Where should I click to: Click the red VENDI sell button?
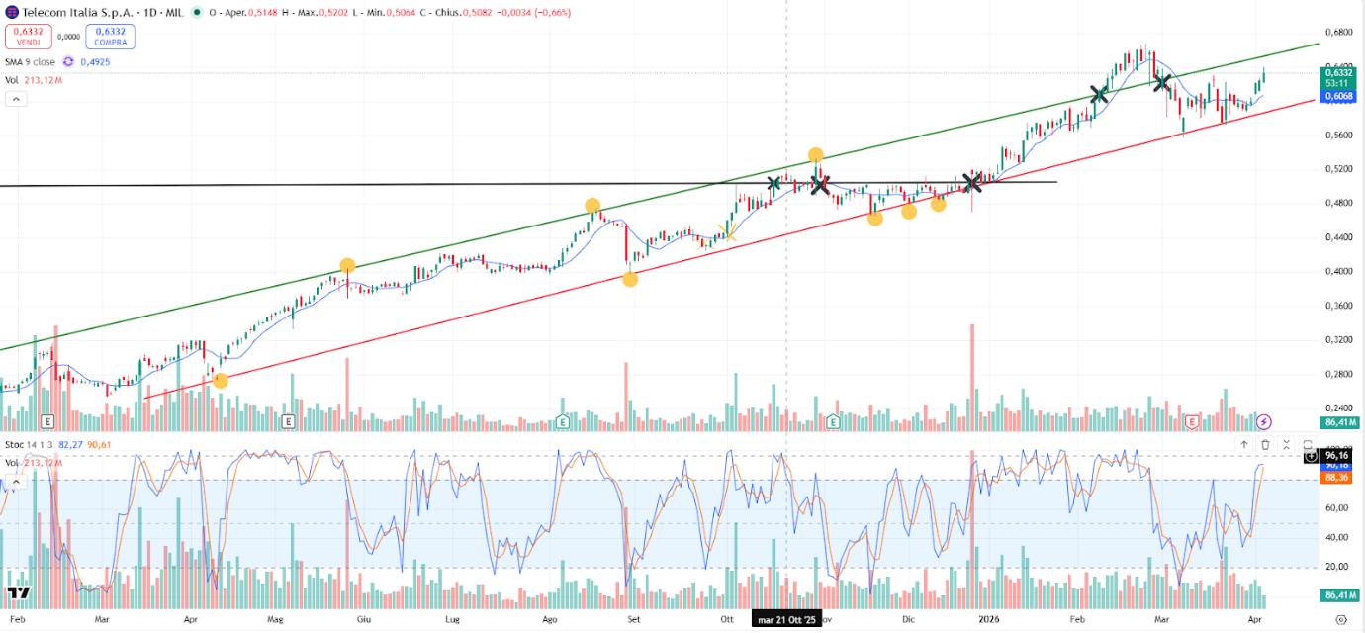[x=27, y=37]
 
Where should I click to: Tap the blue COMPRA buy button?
[x=110, y=37]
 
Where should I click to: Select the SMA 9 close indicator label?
[x=30, y=61]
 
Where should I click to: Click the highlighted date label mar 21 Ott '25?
[x=786, y=620]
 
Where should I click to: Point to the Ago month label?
[x=551, y=619]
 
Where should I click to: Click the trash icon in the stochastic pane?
[x=1265, y=445]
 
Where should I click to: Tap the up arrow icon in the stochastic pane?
[x=1244, y=445]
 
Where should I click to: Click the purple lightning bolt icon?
[x=1264, y=422]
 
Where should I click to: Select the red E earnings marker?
[x=1192, y=421]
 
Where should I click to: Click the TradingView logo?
[x=19, y=592]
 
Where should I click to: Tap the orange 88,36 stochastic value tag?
[x=1338, y=477]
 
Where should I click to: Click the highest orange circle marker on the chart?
[x=815, y=155]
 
